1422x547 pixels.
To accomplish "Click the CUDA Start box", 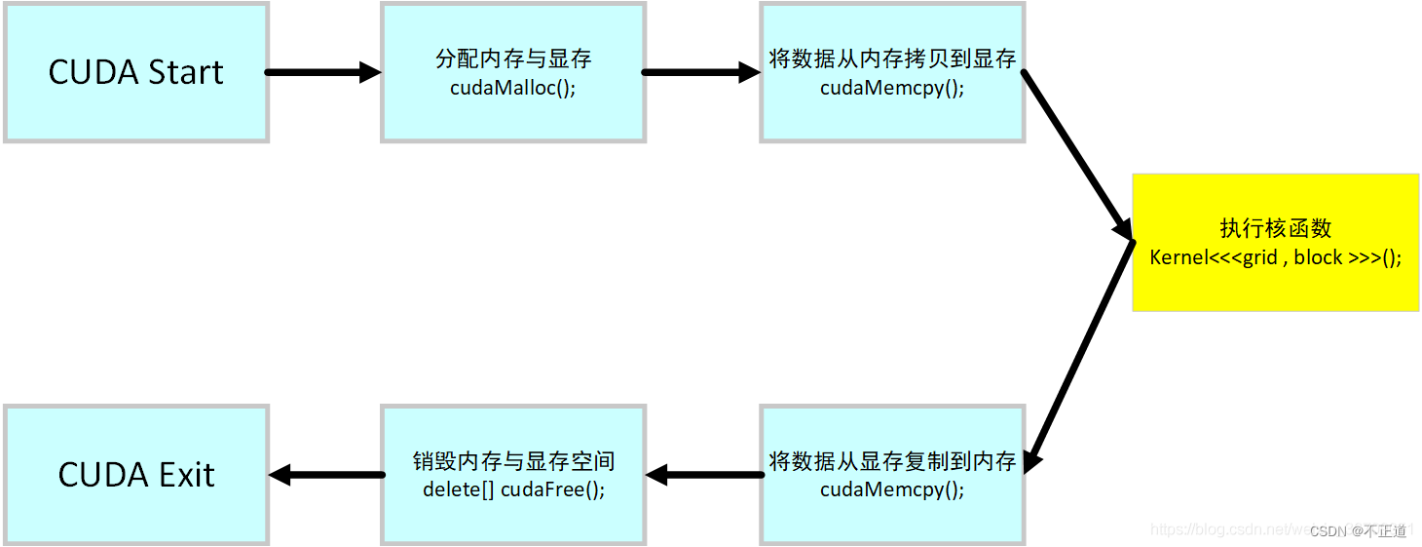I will point(135,72).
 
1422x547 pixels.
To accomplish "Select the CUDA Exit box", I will point(135,475).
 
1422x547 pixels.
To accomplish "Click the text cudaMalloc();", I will point(512,87).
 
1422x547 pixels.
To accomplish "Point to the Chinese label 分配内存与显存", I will point(512,59).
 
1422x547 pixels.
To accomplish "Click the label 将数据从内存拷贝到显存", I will point(892,59).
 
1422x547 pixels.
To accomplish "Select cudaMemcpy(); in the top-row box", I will point(892,87).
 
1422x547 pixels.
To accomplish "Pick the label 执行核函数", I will point(1275,228).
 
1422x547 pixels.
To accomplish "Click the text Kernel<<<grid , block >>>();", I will point(1275,257).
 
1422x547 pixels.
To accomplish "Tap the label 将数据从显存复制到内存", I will point(892,461).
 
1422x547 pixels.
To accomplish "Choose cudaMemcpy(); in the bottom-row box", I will point(892,489).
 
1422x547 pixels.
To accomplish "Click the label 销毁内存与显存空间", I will point(512,461).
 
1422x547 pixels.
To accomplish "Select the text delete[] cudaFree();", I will point(512,489).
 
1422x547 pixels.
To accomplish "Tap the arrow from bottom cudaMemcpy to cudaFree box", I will point(703,475).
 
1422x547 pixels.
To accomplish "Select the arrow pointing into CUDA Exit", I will point(326,475).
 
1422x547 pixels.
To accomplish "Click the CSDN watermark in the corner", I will point(1358,530).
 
